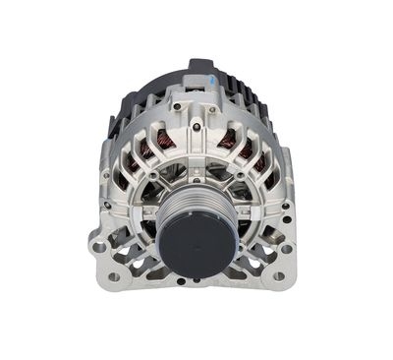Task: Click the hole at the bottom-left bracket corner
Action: coord(114,276)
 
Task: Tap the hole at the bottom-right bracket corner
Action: coord(279,276)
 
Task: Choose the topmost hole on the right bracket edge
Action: coord(286,206)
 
